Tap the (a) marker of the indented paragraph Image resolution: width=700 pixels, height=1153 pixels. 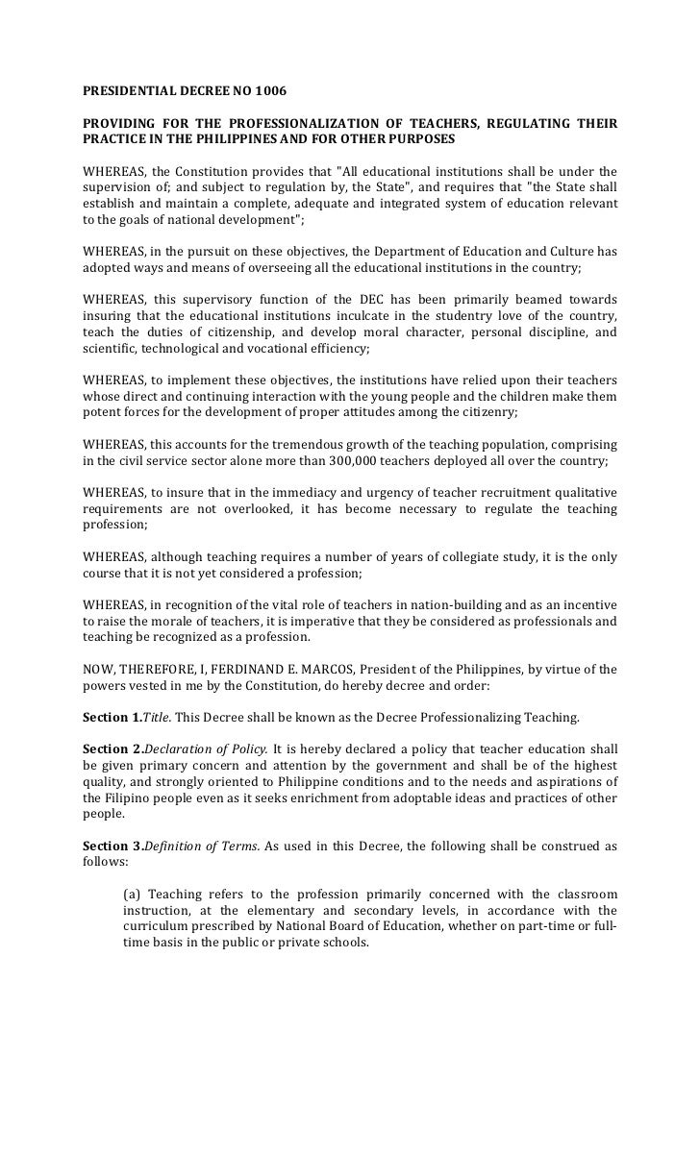coord(133,895)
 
